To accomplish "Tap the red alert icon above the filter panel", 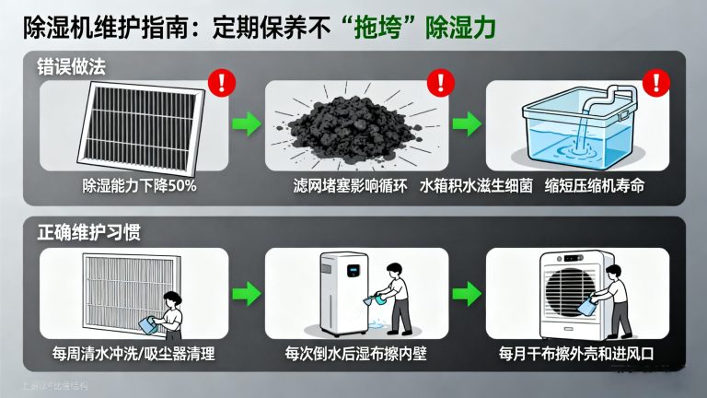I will (x=222, y=83).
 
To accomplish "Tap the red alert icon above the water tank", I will (x=655, y=83).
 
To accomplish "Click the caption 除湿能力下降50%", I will (x=137, y=185).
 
